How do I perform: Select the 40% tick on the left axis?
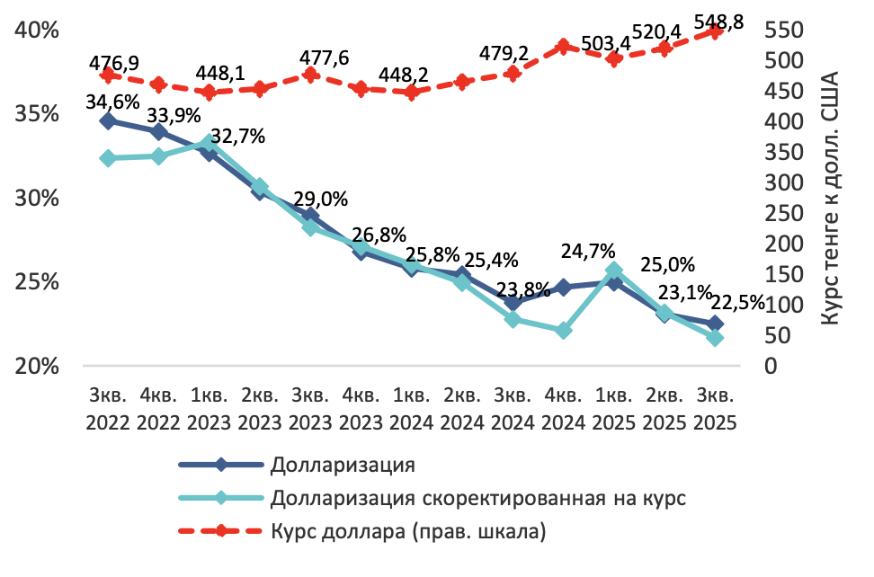coord(37,31)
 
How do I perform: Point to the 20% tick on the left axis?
coord(37,367)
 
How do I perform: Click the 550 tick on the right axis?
coord(780,31)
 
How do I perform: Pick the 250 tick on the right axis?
coord(780,214)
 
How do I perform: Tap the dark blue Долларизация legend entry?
coord(343,465)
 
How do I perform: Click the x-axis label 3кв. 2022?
coord(109,408)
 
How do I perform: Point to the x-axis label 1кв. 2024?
coord(412,408)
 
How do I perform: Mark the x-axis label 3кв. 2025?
coord(715,408)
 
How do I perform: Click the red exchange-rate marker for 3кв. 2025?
coord(715,32)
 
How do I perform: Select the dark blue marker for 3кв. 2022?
coord(108,121)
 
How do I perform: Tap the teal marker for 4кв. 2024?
coord(564,331)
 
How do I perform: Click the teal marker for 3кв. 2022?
coord(108,158)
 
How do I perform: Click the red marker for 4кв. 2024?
coord(564,47)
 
